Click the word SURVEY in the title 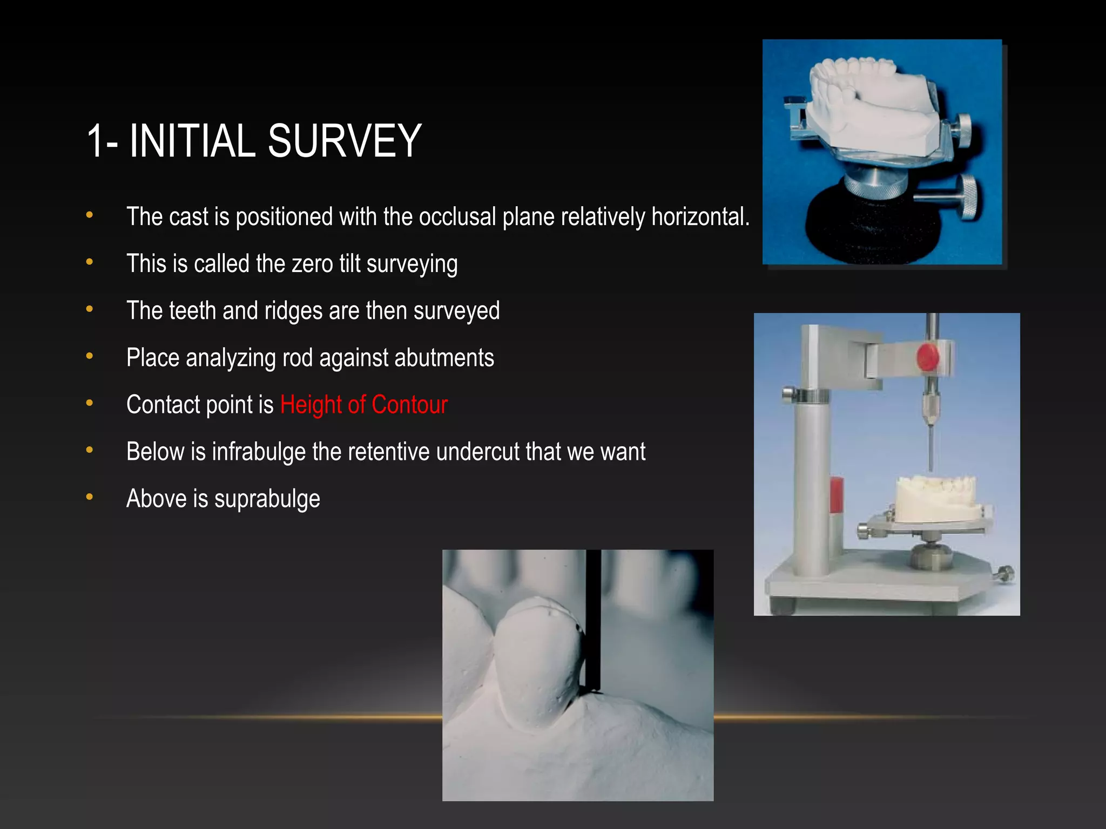(x=344, y=141)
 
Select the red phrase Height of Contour (x=364, y=405)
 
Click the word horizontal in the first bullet (x=700, y=217)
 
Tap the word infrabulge (x=259, y=452)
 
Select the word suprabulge (x=267, y=499)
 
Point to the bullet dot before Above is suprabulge (x=90, y=497)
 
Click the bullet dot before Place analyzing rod (x=90, y=356)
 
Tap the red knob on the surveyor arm (x=927, y=357)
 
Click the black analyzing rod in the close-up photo (x=594, y=621)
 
